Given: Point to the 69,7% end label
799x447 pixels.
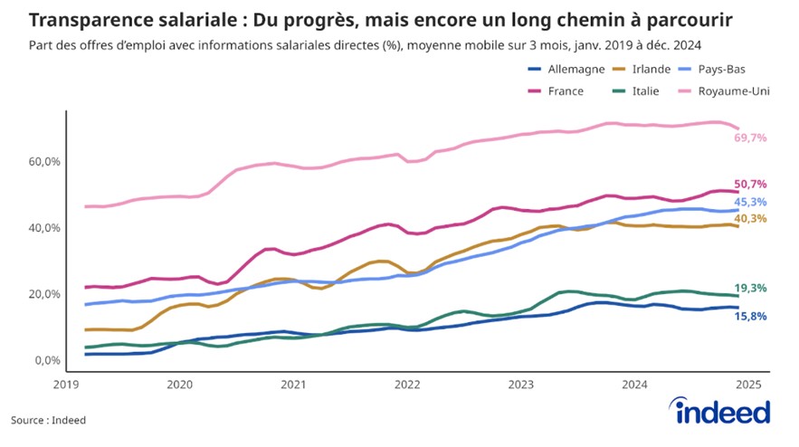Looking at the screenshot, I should (751, 138).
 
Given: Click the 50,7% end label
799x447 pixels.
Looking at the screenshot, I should (751, 184).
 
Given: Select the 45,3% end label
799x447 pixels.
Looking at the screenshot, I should (751, 202).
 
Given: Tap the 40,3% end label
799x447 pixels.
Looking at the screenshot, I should (751, 219).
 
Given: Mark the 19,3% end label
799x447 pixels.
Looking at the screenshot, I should (751, 288).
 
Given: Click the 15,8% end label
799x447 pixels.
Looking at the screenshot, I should (751, 316).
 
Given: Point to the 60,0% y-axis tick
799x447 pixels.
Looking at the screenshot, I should (42, 162).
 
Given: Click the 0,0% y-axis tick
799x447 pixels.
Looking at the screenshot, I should (44, 360).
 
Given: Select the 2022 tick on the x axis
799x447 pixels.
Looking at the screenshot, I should (407, 384).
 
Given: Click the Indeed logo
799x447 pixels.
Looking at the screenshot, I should (723, 412).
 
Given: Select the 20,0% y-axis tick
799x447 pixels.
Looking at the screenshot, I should (42, 294).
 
